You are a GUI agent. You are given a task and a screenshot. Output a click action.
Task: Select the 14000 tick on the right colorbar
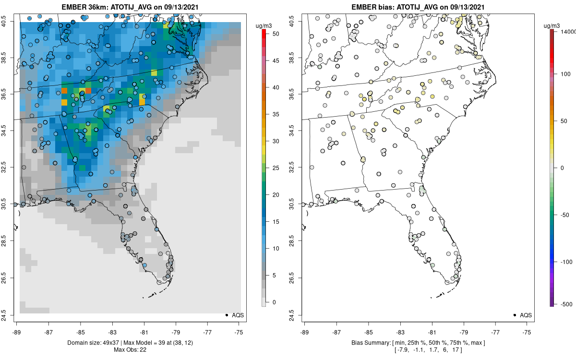[x=566, y=32]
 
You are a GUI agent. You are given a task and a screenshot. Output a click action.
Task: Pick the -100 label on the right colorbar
[x=566, y=262]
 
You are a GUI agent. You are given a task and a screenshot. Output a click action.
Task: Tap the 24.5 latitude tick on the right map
[x=298, y=315]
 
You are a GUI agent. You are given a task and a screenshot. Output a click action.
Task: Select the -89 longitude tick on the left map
[x=17, y=332]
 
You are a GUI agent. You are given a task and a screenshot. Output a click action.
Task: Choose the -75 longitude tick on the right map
[x=527, y=332]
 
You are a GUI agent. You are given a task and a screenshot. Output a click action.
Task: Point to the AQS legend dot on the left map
[x=227, y=315]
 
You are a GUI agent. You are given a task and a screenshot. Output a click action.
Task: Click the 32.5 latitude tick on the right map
[x=298, y=167]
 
